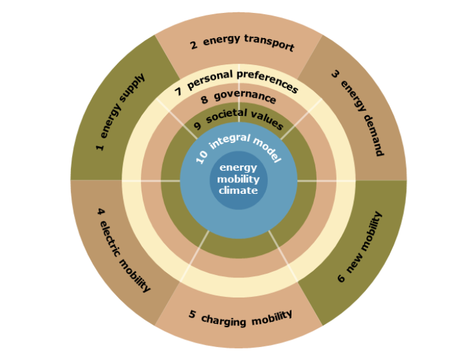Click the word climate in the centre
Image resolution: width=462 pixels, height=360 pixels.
[x=238, y=191]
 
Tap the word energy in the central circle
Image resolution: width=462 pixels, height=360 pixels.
[x=238, y=168]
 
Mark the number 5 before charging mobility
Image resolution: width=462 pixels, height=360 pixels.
[x=192, y=314]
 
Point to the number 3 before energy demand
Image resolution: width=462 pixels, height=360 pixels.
[x=335, y=74]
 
